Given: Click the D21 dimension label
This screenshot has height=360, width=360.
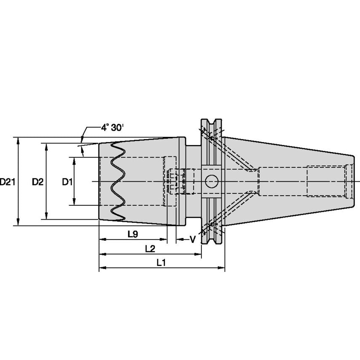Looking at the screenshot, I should click(x=8, y=182).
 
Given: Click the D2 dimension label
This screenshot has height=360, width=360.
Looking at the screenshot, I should click(x=38, y=182).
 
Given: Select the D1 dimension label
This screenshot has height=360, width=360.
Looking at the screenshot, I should click(x=67, y=182).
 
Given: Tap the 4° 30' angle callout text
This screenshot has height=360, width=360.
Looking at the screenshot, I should click(x=112, y=127).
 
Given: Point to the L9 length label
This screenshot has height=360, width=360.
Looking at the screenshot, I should click(x=132, y=234).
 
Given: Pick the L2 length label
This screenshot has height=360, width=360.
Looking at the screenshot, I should click(x=150, y=249).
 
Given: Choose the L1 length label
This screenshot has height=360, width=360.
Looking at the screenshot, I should click(x=161, y=263).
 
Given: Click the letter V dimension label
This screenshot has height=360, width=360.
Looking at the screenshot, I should click(x=193, y=239).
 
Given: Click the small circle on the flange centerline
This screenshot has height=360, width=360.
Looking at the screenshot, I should click(x=212, y=182).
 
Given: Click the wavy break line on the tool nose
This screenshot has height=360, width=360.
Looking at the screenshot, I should click(x=116, y=181).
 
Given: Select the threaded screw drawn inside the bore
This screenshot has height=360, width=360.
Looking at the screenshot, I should click(x=179, y=181).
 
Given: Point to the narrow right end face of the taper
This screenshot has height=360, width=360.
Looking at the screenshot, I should click(x=353, y=181).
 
